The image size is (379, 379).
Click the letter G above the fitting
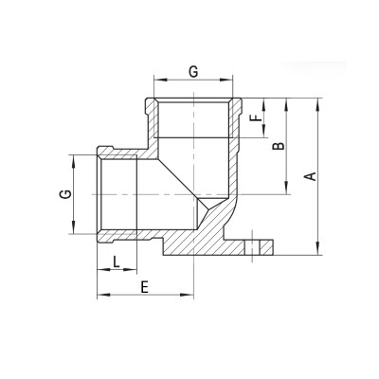click(193, 71)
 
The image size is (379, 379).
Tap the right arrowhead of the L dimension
click(135, 270)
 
